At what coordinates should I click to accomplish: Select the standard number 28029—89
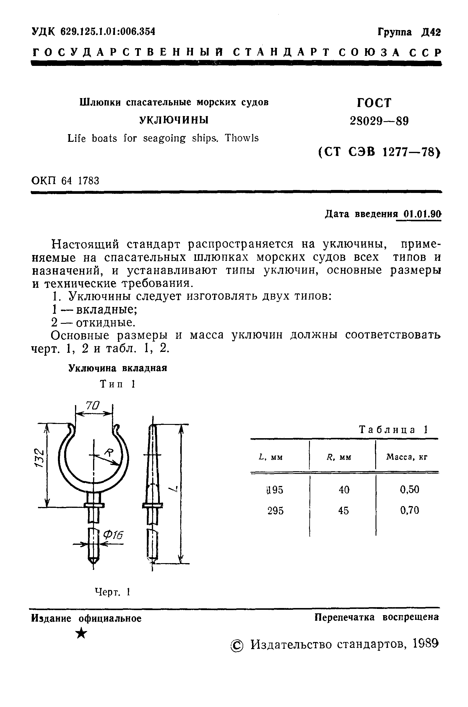pos(379,121)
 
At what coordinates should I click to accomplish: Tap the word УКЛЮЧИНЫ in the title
pos(174,120)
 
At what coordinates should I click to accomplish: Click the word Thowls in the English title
pos(242,138)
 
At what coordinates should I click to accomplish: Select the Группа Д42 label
pos(409,32)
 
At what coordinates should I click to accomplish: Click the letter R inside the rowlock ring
pos(108,454)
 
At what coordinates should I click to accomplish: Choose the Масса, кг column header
pos(407,457)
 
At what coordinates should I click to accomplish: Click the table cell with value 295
pos(275,511)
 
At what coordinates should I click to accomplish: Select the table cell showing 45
pos(344,511)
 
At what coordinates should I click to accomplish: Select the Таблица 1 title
pos(393,430)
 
